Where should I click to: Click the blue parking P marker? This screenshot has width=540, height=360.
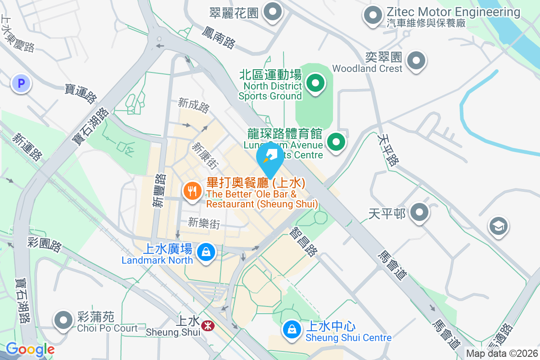21,83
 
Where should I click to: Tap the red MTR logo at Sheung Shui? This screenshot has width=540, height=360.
207,326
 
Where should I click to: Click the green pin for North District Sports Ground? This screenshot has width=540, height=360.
315,83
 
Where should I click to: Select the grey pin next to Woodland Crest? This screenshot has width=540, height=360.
416,60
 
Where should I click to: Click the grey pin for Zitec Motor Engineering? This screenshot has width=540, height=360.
373,15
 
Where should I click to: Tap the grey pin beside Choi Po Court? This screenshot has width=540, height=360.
63,320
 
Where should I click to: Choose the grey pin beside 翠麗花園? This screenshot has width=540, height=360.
272,12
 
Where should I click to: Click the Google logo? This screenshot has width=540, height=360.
30,349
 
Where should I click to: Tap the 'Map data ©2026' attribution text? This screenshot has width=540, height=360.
502,354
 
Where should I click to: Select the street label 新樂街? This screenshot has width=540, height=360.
204,223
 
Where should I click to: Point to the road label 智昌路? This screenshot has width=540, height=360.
304,242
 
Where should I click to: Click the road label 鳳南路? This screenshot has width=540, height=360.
219,37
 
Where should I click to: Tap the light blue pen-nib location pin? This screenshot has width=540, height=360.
270,157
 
